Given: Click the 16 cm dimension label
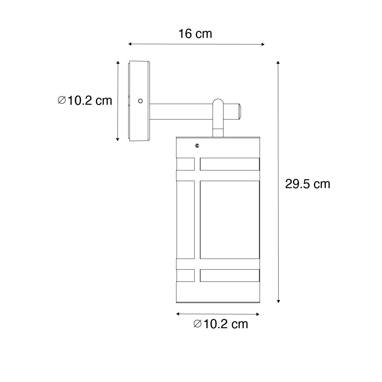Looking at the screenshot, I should pyautogui.click(x=195, y=33).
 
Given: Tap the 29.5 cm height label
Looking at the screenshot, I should pyautogui.click(x=308, y=184).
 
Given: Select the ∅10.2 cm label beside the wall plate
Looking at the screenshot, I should pyautogui.click(x=85, y=101).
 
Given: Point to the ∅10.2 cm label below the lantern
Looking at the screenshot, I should pyautogui.click(x=221, y=324).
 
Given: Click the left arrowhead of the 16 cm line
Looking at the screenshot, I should pyautogui.click(x=130, y=44).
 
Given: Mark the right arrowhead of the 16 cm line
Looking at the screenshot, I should pyautogui.click(x=263, y=44).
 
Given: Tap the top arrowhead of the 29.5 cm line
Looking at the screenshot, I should pyautogui.click(x=278, y=62).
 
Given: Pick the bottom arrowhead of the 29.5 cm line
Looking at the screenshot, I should pyautogui.click(x=278, y=301).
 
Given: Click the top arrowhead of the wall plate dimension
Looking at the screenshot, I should pyautogui.click(x=118, y=62).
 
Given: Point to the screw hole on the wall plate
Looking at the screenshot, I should pyautogui.click(x=139, y=101).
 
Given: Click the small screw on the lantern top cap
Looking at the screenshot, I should pyautogui.click(x=197, y=146).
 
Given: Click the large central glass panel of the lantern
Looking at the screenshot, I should pyautogui.click(x=229, y=220).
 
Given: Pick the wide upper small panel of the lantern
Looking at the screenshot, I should pyautogui.click(x=229, y=164).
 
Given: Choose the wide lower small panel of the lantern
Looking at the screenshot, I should pyautogui.click(x=229, y=275).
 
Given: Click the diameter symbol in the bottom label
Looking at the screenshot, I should pyautogui.click(x=197, y=324).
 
